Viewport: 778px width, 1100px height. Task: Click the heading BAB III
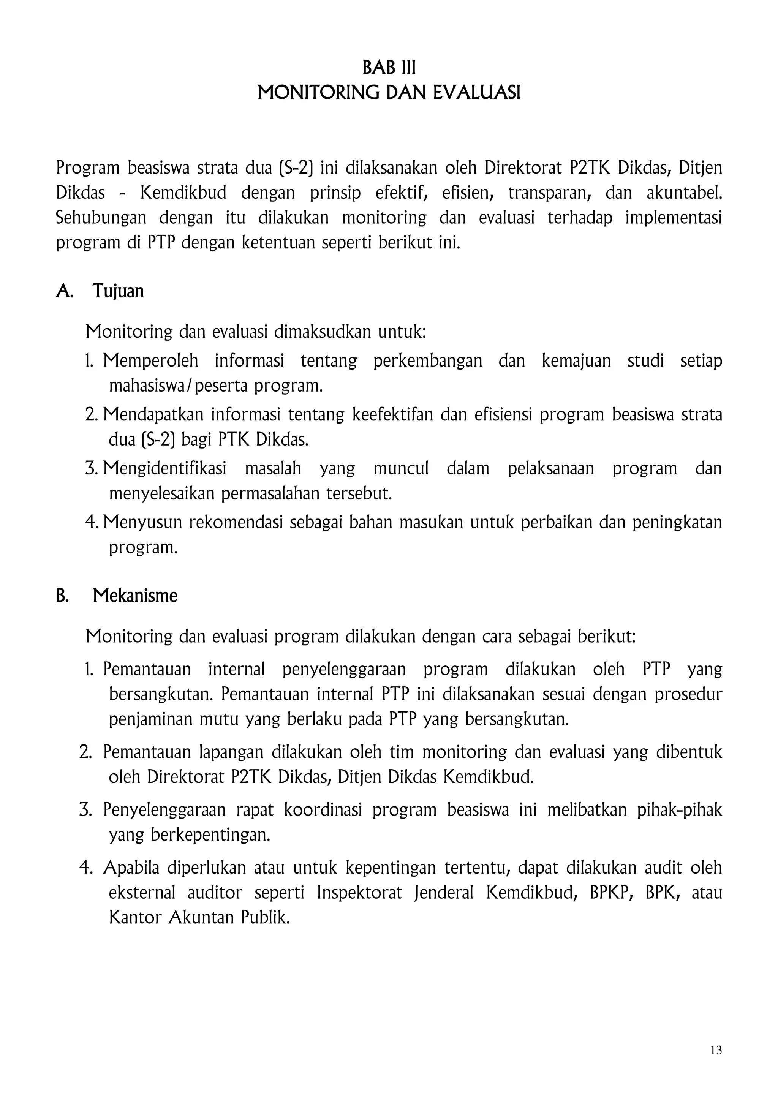tap(389, 68)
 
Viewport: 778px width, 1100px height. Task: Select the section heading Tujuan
tap(118, 291)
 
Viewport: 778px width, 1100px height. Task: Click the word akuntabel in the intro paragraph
tap(684, 193)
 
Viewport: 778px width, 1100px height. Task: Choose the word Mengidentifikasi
tap(165, 468)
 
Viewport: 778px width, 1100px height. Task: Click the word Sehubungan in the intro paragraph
tap(101, 218)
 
